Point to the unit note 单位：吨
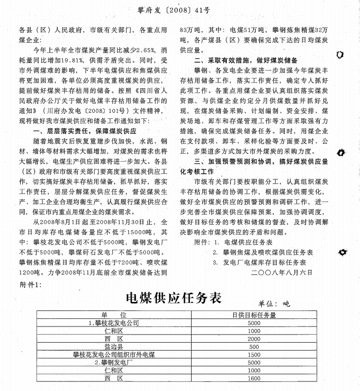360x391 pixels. (x=274, y=304)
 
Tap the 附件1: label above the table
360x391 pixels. (x=30, y=285)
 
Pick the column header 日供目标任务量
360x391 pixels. (x=254, y=315)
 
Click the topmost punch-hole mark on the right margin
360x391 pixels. (x=340, y=54)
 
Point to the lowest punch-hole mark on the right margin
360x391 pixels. (x=342, y=251)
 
